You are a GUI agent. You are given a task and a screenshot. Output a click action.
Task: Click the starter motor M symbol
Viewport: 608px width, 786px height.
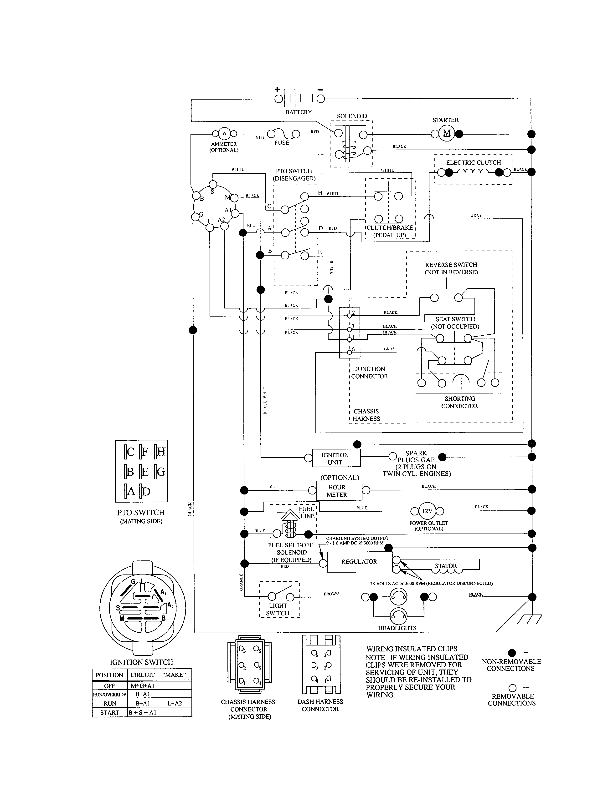[447, 133]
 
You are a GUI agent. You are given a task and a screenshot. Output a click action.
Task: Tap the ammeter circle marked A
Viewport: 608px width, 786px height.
[224, 134]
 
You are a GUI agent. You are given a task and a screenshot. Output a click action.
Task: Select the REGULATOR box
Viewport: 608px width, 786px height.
[359, 561]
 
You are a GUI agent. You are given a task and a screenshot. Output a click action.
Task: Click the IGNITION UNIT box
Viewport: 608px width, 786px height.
[335, 458]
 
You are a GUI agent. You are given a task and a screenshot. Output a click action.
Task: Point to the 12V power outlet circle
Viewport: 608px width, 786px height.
[427, 511]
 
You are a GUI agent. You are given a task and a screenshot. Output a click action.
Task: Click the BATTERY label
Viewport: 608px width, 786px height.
[298, 112]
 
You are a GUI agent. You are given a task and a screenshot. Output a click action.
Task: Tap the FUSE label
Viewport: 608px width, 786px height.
[282, 143]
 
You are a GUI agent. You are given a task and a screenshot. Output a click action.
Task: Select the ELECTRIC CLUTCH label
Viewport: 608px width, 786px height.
[473, 163]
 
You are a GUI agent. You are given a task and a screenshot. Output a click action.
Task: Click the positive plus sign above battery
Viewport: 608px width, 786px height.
[277, 89]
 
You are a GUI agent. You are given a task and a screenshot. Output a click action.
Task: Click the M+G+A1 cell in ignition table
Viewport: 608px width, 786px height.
[142, 685]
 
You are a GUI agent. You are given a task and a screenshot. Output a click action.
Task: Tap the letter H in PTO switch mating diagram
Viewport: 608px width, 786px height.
[161, 452]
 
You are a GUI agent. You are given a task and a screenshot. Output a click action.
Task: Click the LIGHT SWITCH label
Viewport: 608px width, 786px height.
[278, 609]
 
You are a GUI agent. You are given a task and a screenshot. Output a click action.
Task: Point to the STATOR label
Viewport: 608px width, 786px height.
[446, 566]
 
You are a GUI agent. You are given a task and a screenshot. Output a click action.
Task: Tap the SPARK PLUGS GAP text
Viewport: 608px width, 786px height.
[416, 456]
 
